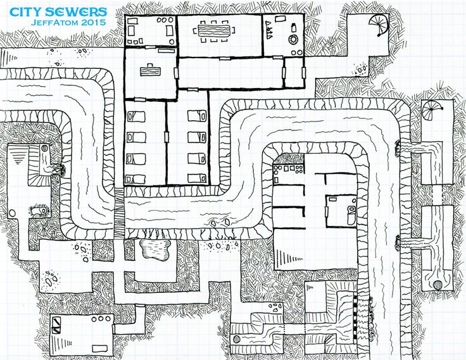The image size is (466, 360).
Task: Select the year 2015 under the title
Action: [94, 22]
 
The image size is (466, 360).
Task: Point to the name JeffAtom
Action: [54, 22]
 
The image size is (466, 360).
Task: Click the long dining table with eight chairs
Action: [213, 30]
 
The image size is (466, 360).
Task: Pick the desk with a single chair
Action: [151, 70]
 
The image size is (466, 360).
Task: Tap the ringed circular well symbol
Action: [293, 39]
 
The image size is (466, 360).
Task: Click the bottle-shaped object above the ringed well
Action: [294, 27]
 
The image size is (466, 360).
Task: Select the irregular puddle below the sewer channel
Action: [155, 249]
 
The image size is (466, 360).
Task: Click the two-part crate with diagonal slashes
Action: [56, 325]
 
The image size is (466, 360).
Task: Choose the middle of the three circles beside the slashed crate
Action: [101, 319]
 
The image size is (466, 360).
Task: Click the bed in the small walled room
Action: [351, 214]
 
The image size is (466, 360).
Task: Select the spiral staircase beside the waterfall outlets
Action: [431, 110]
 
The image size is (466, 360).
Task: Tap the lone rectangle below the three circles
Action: [99, 349]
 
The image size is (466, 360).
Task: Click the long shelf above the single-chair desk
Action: [167, 51]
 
